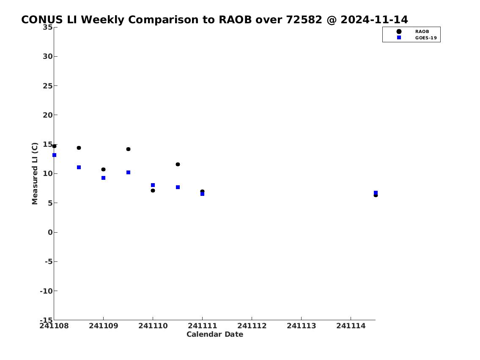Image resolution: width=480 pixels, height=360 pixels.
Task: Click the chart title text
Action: pos(214,19)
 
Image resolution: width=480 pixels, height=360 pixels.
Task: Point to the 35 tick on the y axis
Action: pos(47,27)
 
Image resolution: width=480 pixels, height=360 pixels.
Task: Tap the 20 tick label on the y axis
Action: pos(47,115)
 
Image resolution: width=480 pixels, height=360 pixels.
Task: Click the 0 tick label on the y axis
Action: pos(50,232)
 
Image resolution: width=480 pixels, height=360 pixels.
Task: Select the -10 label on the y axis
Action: pos(46,291)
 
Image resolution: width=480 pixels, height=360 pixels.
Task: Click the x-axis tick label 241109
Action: pos(104,326)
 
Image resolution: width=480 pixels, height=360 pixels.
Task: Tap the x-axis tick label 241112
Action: pos(252,326)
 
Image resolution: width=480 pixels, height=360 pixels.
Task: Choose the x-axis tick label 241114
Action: pos(351,326)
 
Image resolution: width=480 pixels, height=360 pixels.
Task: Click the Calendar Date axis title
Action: pos(215,334)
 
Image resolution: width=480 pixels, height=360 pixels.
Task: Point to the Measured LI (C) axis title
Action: pos(35,173)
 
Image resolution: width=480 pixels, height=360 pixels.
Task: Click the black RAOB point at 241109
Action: pos(104,170)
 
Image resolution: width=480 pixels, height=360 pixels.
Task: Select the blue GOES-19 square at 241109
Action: pos(104,178)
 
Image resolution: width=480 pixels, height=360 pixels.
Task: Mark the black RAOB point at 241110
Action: pos(153,191)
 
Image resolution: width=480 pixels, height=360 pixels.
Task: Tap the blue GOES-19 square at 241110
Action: pos(153,185)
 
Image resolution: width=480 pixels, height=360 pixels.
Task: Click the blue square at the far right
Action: pos(376,193)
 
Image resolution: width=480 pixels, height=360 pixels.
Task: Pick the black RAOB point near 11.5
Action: pos(178,165)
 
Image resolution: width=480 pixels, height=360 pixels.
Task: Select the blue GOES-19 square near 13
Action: pos(55,155)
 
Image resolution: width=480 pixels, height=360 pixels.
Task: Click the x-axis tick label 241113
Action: pos(301,326)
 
